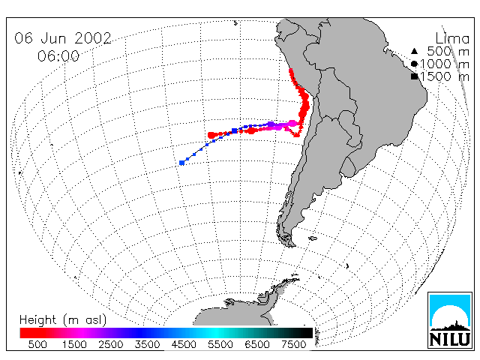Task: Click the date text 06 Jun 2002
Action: coord(63,38)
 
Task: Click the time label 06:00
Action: coord(58,56)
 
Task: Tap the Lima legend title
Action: coord(452,38)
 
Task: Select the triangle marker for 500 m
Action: coord(414,51)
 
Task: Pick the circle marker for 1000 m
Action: coord(414,64)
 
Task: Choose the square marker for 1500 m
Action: coord(415,76)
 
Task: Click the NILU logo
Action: coord(450,320)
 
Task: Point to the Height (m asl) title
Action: coord(63,320)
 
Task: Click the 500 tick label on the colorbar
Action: coord(37,344)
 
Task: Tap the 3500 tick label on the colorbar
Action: coord(147,344)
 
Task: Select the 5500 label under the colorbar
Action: coord(220,344)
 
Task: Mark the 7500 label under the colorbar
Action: coord(293,344)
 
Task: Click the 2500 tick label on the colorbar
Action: coord(111,344)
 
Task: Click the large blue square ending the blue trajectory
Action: coord(181,163)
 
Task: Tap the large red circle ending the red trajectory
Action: coord(211,135)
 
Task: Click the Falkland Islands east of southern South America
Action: coord(313,238)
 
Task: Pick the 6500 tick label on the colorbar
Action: coord(257,344)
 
